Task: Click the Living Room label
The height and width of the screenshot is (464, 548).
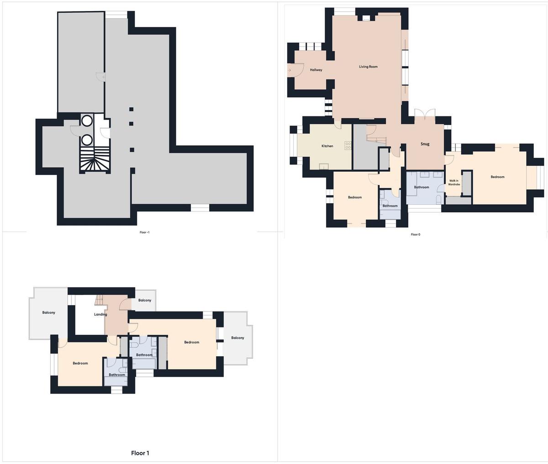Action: tap(368, 67)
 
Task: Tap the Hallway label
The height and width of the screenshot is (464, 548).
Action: tap(316, 70)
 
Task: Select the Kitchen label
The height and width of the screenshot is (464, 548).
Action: tap(327, 146)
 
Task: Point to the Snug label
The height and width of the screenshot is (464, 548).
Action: tap(425, 144)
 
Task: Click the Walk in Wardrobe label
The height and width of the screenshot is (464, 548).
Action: tap(454, 182)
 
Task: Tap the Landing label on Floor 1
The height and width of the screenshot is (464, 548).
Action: tap(100, 315)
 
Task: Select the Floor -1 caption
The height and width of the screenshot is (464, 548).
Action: tap(144, 232)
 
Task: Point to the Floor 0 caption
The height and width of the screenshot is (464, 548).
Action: tap(416, 234)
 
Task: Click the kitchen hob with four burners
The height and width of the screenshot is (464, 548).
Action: tap(348, 145)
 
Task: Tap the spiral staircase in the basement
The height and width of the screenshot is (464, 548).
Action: tap(95, 160)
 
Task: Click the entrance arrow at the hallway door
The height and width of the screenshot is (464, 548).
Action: tap(289, 70)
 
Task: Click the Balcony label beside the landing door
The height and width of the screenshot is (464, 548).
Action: tap(145, 300)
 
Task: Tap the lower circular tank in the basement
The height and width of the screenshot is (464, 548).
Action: tap(87, 140)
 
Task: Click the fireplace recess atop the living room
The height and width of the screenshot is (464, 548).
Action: tap(366, 18)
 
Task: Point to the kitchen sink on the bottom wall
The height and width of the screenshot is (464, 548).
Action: tap(324, 167)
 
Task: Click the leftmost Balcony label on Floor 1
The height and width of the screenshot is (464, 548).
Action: tap(49, 312)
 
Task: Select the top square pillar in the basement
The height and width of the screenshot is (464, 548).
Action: tap(131, 109)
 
